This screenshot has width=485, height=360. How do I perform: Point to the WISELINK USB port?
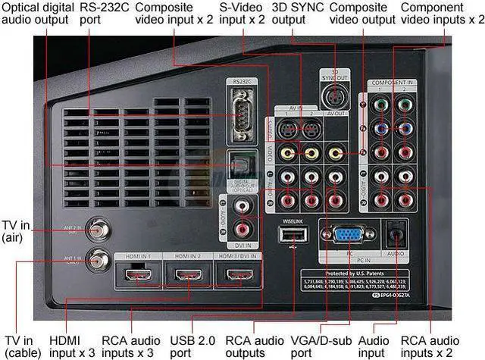tap(288, 236)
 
